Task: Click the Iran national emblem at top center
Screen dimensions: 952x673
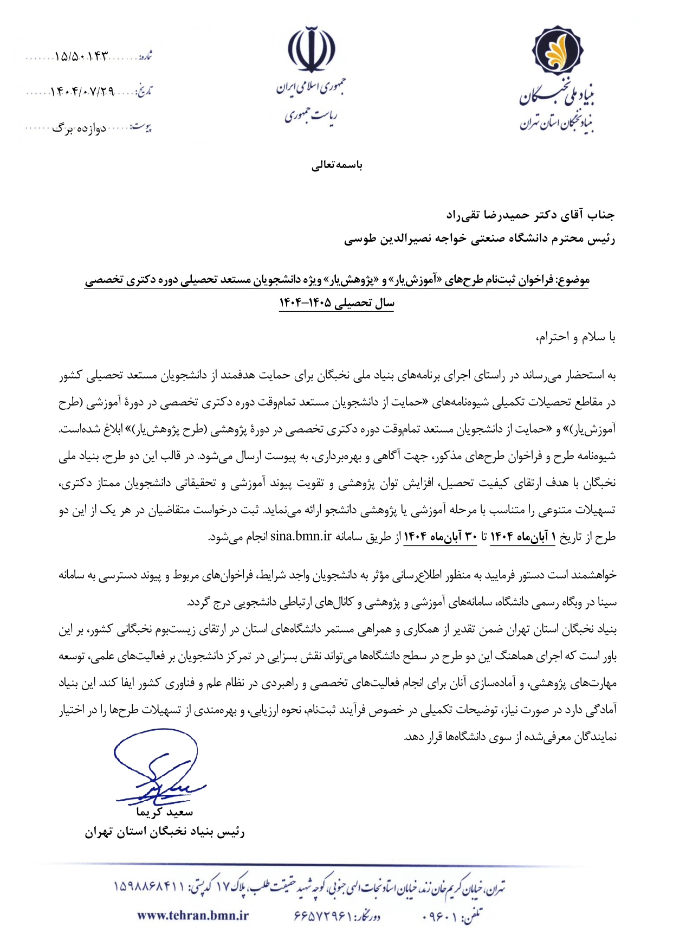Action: point(311,49)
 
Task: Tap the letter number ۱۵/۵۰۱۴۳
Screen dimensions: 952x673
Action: point(82,56)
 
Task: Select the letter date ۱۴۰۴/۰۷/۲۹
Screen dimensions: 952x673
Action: point(82,92)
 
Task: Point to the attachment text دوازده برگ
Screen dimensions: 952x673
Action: point(79,129)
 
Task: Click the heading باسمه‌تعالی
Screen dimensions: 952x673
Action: point(336,165)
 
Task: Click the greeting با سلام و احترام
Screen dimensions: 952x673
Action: point(575,337)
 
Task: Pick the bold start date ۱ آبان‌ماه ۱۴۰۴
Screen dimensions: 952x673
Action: point(523,537)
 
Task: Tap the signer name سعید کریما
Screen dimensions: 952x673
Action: point(165,812)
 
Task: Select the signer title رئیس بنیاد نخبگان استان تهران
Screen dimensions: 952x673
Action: point(165,832)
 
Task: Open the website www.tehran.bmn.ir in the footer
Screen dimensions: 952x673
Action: point(193,916)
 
